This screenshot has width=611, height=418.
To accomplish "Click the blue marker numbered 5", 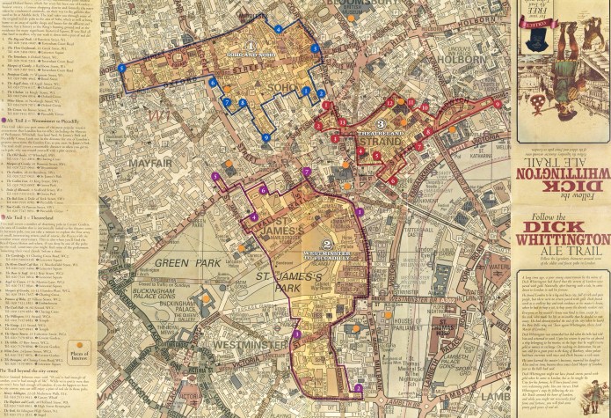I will (x=121, y=68).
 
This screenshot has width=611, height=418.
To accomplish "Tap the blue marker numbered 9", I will (x=265, y=137).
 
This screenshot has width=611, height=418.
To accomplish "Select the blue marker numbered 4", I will (x=278, y=29).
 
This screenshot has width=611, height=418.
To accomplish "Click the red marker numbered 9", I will (x=498, y=104).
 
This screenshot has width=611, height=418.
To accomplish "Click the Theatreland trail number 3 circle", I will (x=381, y=124).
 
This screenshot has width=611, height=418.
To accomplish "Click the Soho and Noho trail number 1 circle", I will (x=251, y=47).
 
